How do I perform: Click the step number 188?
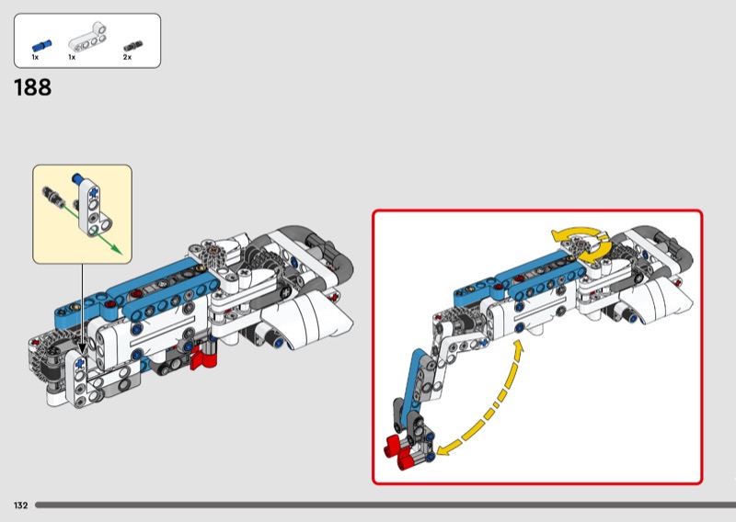pos(33,87)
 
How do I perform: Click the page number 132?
pos(20,505)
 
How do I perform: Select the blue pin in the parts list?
pos(41,46)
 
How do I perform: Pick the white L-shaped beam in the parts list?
pos(88,37)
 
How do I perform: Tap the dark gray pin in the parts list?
pos(132,47)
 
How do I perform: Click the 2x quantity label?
pos(127,57)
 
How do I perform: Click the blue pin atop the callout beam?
pos(77,179)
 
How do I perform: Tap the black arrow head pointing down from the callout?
pos(82,348)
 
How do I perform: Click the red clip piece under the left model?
pos(203,357)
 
